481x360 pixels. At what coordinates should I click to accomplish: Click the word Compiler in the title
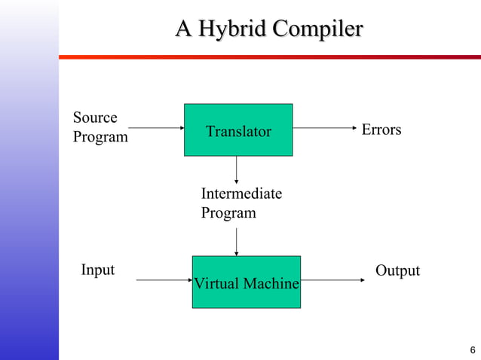pyautogui.click(x=317, y=30)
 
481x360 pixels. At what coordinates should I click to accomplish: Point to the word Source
pyautogui.click(x=95, y=117)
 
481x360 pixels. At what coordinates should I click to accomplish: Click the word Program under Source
pyautogui.click(x=100, y=138)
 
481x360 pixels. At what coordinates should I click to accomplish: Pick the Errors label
pyautogui.click(x=381, y=130)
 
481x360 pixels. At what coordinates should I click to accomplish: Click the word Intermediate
pyautogui.click(x=241, y=194)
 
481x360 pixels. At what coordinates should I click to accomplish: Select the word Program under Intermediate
pyautogui.click(x=228, y=213)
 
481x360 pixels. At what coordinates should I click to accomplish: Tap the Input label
pyautogui.click(x=98, y=270)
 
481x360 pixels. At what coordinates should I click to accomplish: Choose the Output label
pyautogui.click(x=397, y=270)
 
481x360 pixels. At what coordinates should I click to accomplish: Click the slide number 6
pyautogui.click(x=472, y=350)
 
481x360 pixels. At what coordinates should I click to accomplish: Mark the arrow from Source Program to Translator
pyautogui.click(x=155, y=129)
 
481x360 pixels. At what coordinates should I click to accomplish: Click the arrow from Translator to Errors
pyautogui.click(x=324, y=129)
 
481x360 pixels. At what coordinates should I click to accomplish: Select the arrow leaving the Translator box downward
pyautogui.click(x=237, y=170)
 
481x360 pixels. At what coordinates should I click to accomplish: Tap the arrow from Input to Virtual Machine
pyautogui.click(x=164, y=280)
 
